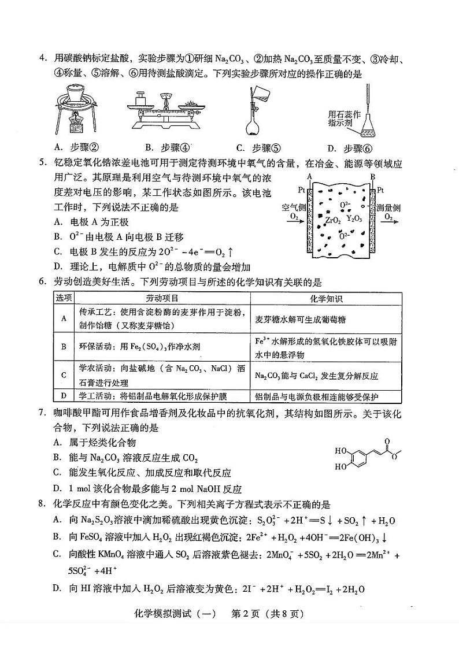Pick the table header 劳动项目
click(x=162, y=298)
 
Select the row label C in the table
click(x=63, y=375)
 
